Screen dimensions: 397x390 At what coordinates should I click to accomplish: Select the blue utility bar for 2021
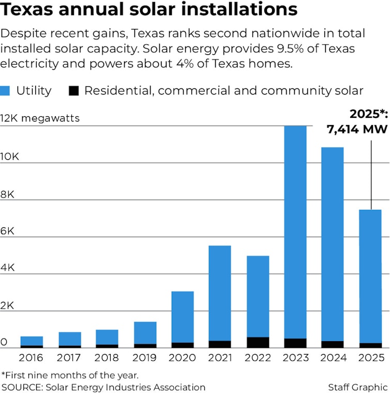pos(220,293)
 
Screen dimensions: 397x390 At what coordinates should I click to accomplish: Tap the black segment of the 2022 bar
pos(258,342)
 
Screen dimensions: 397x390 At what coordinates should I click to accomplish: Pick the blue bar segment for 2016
pos(32,341)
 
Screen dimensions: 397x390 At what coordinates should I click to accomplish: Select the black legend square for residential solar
pos(73,91)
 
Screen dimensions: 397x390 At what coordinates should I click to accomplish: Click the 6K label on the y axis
pos(8,231)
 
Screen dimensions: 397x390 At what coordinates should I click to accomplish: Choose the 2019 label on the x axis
pos(145,358)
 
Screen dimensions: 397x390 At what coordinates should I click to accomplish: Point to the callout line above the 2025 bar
pos(371,171)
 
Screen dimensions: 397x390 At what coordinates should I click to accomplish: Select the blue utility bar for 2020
pos(183,316)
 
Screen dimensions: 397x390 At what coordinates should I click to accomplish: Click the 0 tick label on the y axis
pos(4,343)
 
